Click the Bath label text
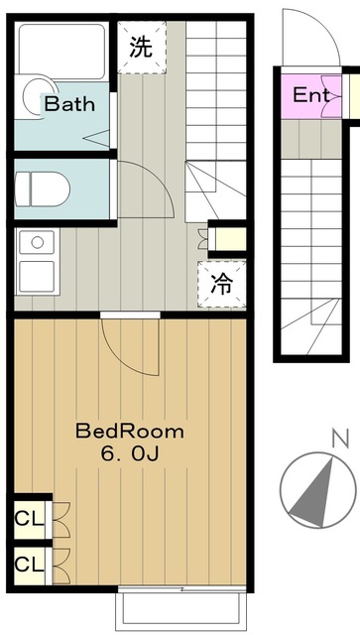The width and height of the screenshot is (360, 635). [x=68, y=103]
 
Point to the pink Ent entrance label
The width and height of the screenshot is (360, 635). [x=310, y=96]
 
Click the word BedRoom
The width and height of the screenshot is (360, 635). [x=130, y=432]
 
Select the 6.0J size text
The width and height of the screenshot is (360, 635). [x=130, y=454]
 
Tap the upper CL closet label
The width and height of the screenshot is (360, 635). [x=27, y=519]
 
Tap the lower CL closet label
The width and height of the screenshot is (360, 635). [x=27, y=564]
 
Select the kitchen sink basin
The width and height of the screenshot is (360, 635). [x=41, y=241]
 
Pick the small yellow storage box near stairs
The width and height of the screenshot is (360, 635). [x=226, y=239]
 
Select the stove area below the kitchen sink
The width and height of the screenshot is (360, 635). [x=41, y=277]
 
